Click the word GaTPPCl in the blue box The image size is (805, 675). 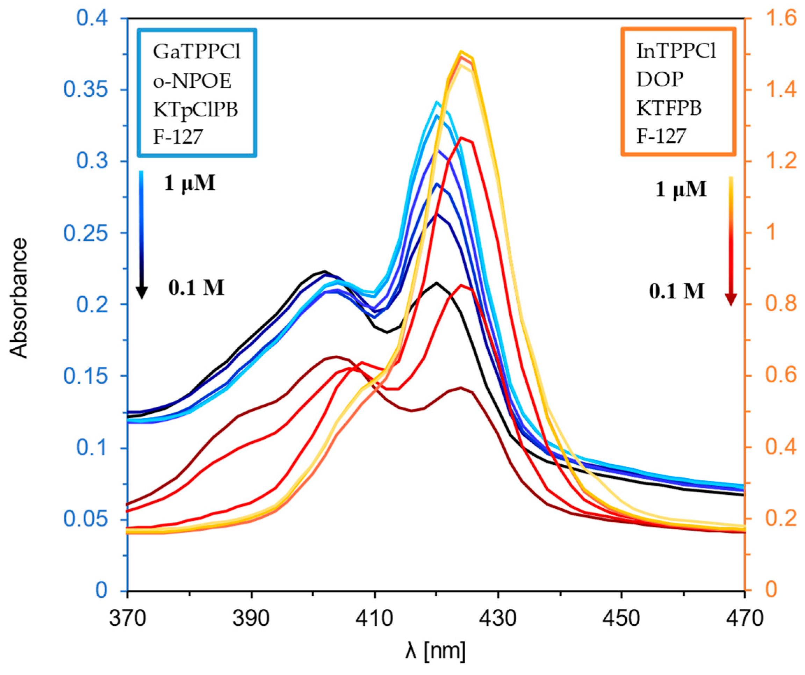pos(197,52)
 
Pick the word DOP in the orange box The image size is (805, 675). pos(660,80)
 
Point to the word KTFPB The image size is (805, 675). pos(669,108)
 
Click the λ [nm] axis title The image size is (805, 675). pos(436,651)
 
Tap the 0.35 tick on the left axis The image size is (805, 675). pos(91,90)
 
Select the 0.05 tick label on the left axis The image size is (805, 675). pos(91,520)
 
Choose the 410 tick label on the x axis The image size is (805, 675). pos(374,618)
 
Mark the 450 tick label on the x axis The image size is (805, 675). pos(621,618)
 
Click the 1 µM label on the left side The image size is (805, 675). pos(190,183)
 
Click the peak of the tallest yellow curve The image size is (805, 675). pos(461,51)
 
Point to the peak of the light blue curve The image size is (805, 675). pos(436,102)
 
